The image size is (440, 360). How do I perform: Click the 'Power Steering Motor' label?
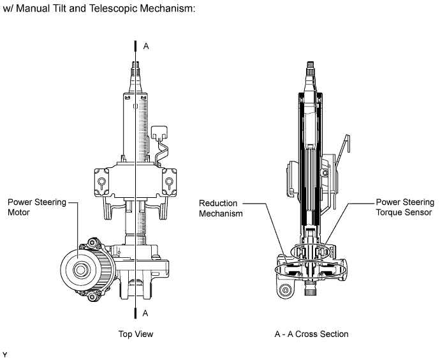[x=37, y=207]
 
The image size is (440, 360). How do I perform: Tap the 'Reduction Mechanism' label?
[x=221, y=208]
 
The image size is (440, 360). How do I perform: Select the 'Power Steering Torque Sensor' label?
[x=405, y=207]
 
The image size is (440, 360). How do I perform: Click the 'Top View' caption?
[x=136, y=334]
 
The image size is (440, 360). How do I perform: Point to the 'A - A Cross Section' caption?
[x=311, y=334]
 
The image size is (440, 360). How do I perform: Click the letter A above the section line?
[x=146, y=46]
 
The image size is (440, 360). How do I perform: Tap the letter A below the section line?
[x=145, y=313]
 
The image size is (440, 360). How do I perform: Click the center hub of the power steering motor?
[x=80, y=270]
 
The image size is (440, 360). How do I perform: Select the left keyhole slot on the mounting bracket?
[x=101, y=183]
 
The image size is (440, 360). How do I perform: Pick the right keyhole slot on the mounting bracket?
[x=169, y=183]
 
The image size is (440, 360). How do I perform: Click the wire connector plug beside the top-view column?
[x=159, y=132]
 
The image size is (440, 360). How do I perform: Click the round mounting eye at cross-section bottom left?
[x=286, y=290]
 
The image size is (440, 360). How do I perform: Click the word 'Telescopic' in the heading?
[x=114, y=8]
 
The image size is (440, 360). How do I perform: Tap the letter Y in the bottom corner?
[x=4, y=355]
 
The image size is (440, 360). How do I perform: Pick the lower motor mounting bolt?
[x=92, y=296]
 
